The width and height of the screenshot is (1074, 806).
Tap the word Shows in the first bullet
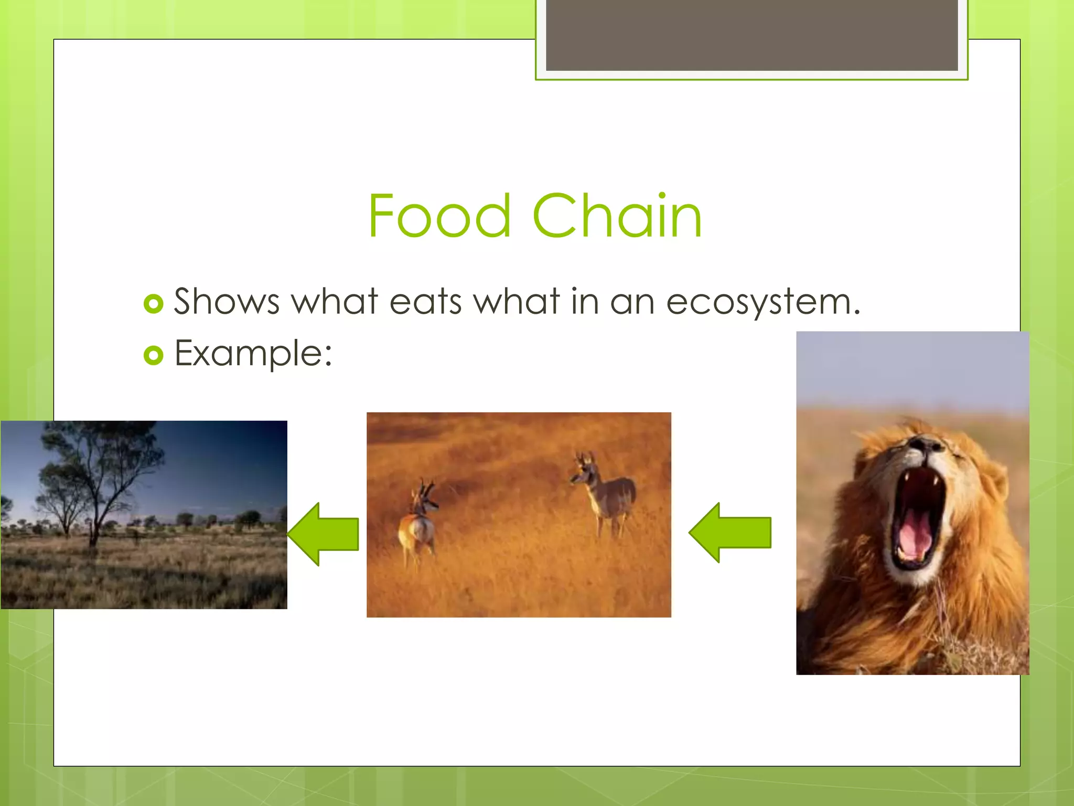tap(227, 302)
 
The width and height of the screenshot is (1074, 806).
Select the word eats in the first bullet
tap(425, 302)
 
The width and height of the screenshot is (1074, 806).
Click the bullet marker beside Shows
tap(153, 304)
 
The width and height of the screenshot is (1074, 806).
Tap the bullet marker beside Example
tap(153, 356)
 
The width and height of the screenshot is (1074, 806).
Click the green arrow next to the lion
tap(730, 532)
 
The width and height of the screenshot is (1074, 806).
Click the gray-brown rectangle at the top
tap(751, 35)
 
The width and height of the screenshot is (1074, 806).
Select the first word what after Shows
tap(334, 302)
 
